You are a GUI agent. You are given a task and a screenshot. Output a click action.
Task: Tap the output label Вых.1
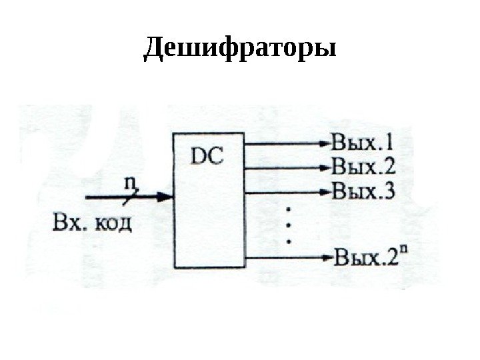pos(362,142)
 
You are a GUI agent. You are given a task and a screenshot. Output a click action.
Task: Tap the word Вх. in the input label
pos(65,221)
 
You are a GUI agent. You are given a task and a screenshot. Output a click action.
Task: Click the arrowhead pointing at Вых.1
pos(324,142)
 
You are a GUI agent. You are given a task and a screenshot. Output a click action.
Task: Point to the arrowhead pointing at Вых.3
pos(324,192)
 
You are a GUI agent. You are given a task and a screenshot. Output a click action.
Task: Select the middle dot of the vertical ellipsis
pos(289,225)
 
